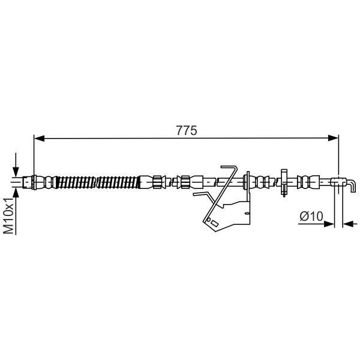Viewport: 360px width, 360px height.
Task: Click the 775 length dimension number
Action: [x=187, y=130]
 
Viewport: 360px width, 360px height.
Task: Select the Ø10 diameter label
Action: [x=311, y=216]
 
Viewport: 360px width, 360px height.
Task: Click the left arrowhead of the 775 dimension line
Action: [x=39, y=138]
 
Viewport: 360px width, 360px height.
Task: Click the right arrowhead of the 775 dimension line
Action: [x=334, y=138]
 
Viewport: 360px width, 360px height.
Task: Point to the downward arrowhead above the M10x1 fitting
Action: [x=16, y=172]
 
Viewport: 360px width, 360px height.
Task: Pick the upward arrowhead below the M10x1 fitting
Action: [x=16, y=193]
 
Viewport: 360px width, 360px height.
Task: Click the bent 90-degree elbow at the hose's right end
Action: [x=352, y=185]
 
